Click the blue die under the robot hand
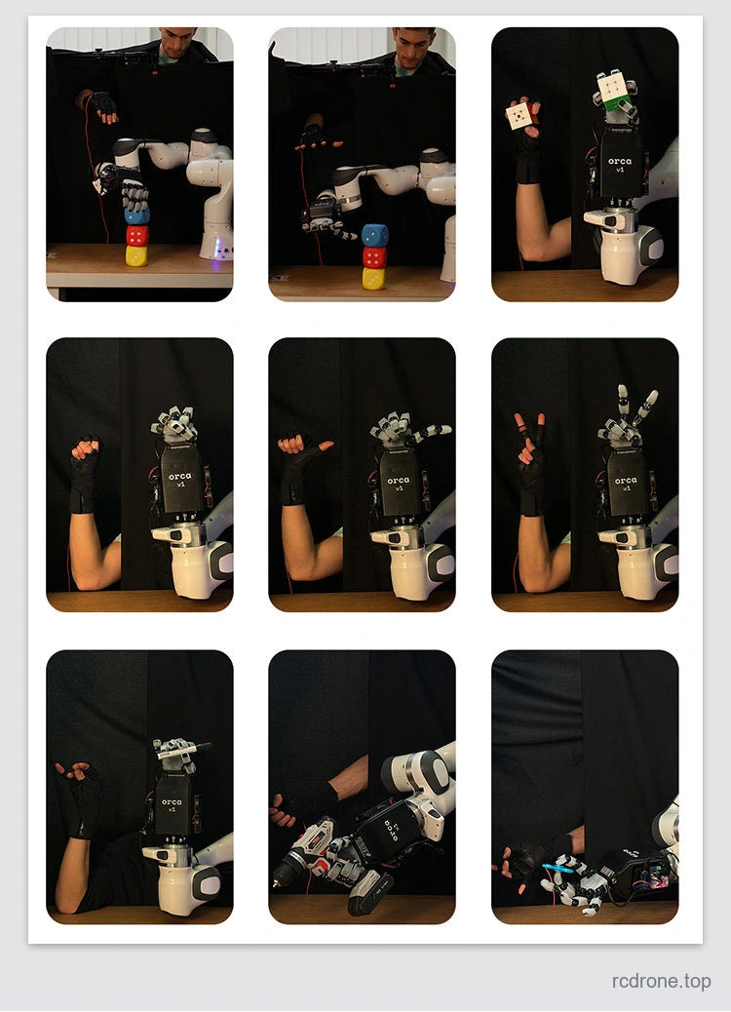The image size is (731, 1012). (136, 215)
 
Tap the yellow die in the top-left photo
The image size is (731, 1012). (136, 256)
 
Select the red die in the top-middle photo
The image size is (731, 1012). (375, 257)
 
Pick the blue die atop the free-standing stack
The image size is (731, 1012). (375, 235)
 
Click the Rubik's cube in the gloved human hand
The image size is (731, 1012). (520, 115)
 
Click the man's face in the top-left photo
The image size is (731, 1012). (177, 43)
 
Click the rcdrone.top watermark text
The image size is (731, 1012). (662, 981)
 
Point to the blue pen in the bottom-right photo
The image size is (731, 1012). (558, 869)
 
